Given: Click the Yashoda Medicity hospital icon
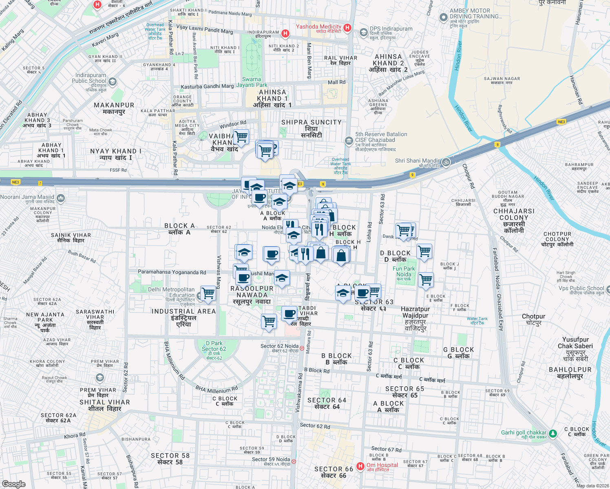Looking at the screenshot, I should (347, 28).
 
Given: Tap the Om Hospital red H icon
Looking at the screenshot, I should (360, 466).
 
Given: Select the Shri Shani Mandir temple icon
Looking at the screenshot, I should (446, 162).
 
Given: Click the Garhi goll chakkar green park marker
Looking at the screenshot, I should (553, 434).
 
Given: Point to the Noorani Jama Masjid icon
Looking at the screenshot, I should (61, 198).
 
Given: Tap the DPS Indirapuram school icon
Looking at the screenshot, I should (363, 32).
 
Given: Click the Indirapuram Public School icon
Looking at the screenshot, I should (113, 81).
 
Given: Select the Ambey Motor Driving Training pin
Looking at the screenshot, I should (443, 18).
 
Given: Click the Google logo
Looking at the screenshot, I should (14, 484).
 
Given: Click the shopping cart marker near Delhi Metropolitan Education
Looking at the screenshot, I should (208, 293).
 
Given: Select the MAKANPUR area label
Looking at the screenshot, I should (114, 108).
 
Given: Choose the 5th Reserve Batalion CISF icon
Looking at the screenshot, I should (349, 141).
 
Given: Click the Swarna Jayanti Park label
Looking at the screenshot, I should (252, 82).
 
